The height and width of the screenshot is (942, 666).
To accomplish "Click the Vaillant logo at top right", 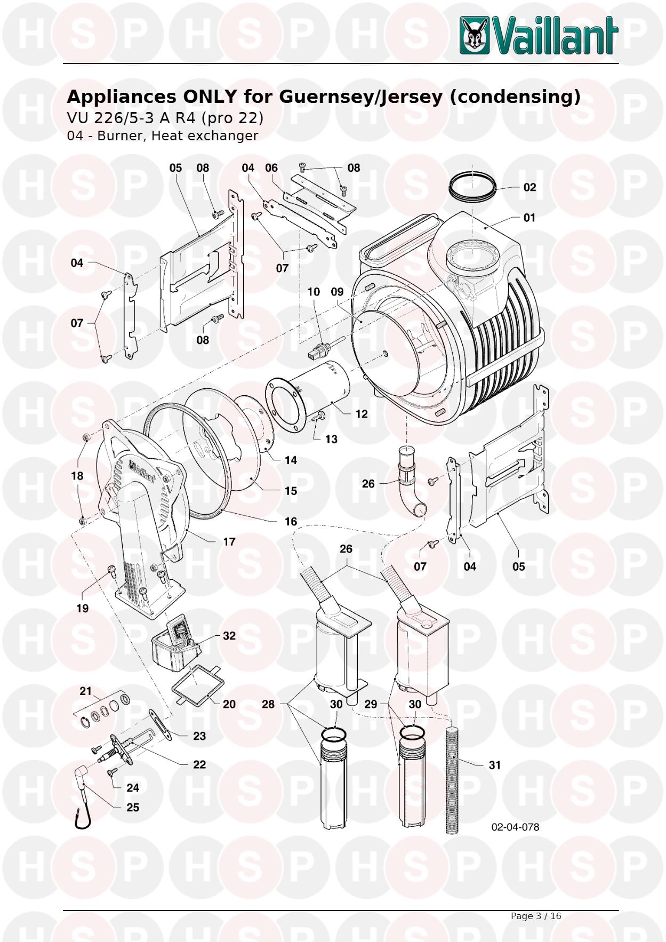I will point(539,35).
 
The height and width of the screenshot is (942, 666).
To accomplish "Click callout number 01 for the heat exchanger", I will point(529,218).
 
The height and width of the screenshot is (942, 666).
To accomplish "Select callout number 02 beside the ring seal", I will point(529,187).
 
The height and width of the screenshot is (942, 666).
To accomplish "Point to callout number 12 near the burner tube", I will point(362,414).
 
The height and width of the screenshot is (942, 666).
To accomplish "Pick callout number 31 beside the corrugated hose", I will point(495,765).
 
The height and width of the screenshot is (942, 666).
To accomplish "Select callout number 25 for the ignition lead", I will point(133,808).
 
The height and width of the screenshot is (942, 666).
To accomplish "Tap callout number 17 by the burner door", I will point(229,542).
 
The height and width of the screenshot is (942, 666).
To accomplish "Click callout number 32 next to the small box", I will point(229,636).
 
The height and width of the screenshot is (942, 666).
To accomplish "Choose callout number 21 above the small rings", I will point(86,691).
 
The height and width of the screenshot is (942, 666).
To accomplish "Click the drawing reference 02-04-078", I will point(515,827).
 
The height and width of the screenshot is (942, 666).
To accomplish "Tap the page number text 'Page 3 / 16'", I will point(536,916).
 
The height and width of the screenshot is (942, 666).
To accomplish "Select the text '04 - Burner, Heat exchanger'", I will point(162,136).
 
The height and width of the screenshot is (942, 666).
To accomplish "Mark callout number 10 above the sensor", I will point(314,292).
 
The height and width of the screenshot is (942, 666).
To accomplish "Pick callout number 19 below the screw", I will point(82,608).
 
